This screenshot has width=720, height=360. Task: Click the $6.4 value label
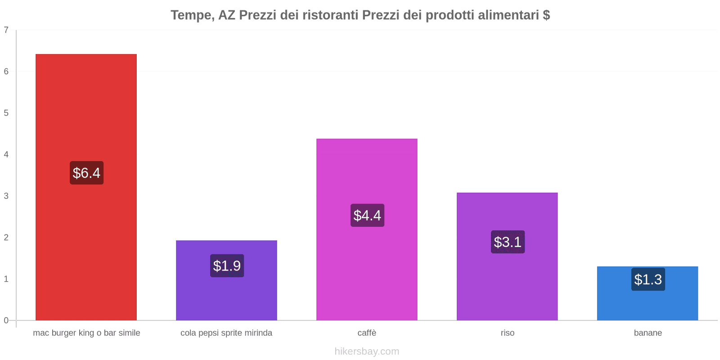pyautogui.click(x=86, y=173)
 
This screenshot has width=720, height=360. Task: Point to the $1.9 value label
pyautogui.click(x=227, y=266)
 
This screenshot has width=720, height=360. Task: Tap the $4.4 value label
pyautogui.click(x=367, y=216)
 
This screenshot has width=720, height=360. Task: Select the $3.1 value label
pyautogui.click(x=508, y=242)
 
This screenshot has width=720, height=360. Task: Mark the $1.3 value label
pyautogui.click(x=648, y=279)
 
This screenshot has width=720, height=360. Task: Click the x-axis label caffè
pyautogui.click(x=367, y=333)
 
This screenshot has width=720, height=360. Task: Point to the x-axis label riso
pyautogui.click(x=508, y=333)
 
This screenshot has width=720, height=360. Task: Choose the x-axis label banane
pyautogui.click(x=648, y=333)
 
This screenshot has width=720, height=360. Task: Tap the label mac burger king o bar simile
pyautogui.click(x=86, y=333)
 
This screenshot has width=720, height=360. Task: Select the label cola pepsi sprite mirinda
pyautogui.click(x=226, y=333)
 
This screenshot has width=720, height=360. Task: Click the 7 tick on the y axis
pyautogui.click(x=6, y=30)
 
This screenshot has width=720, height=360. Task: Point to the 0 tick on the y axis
pyautogui.click(x=6, y=320)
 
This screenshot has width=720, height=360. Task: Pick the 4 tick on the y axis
pyautogui.click(x=6, y=155)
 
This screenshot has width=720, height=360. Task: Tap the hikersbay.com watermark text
pyautogui.click(x=367, y=351)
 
